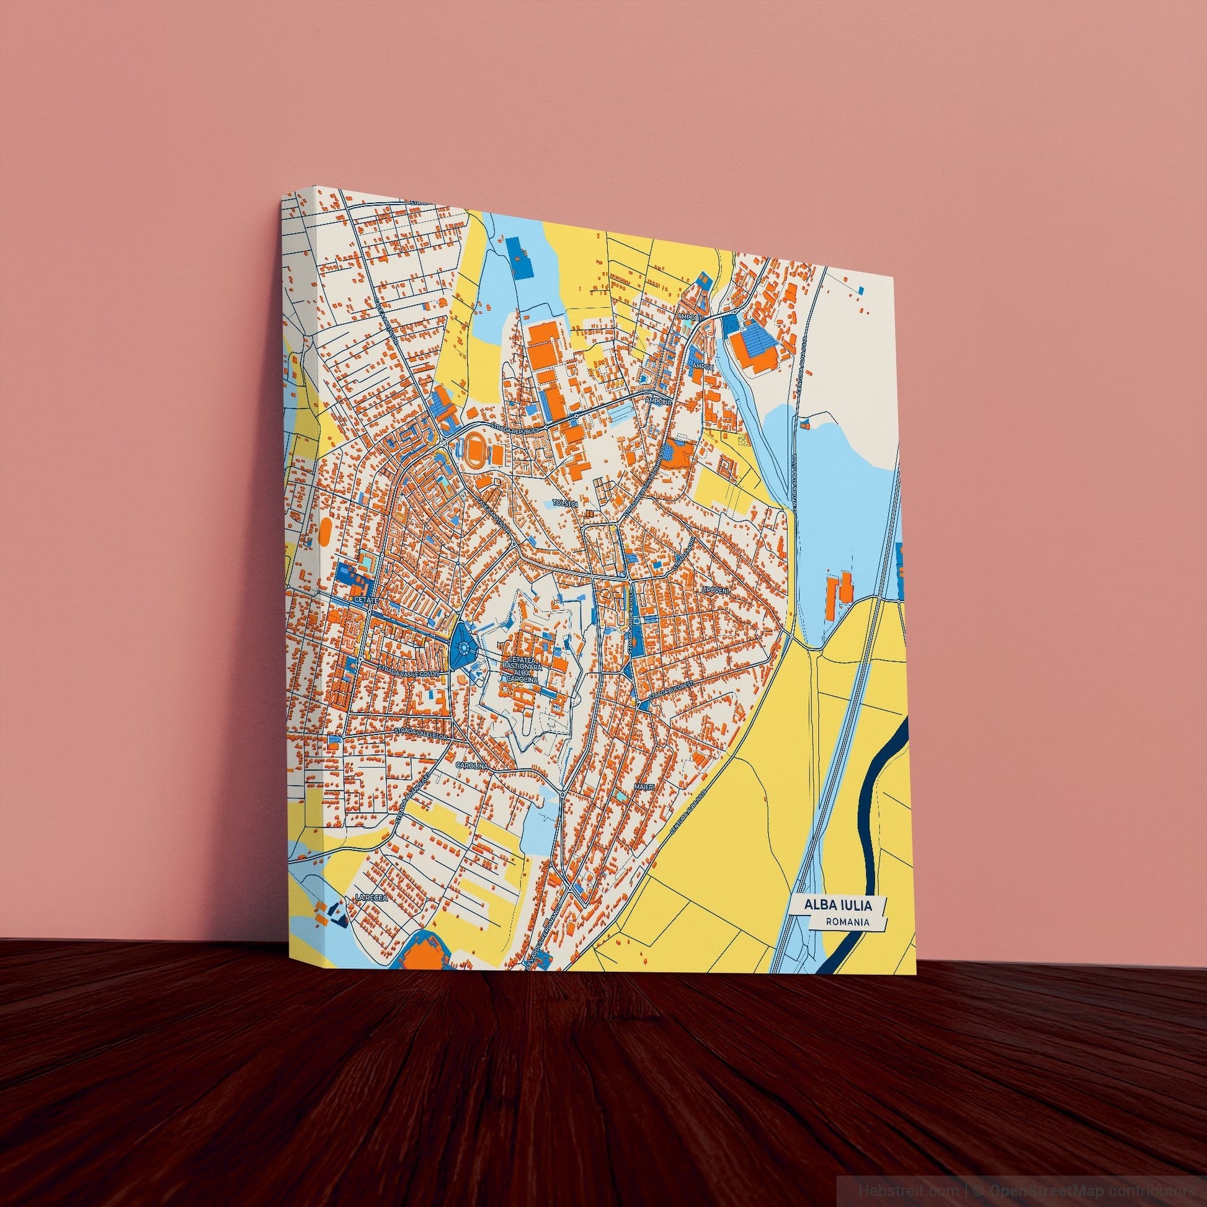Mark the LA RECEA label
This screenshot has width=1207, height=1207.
372,897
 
